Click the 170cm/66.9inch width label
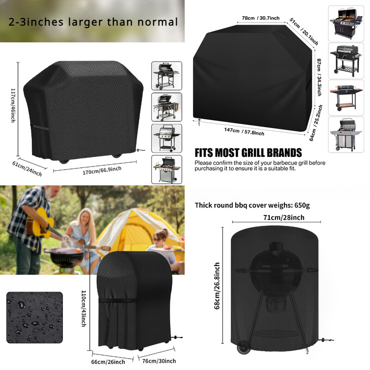coord(102,170)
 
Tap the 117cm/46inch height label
coord(13,105)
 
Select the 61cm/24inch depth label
coord(27,169)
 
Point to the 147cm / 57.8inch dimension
coord(244,132)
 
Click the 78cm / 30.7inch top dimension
coord(260,18)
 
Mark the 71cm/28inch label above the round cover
coord(284,217)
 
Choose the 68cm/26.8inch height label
coord(217,286)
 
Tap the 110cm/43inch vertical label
coord(84,308)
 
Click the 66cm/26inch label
coord(108,362)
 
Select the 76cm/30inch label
coord(159,361)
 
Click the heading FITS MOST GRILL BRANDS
coord(248,153)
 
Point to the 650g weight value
coord(302,205)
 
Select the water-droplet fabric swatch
coord(35,317)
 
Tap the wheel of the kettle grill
coord(244,347)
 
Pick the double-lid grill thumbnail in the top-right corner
coord(346,24)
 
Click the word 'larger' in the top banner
coord(86,22)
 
